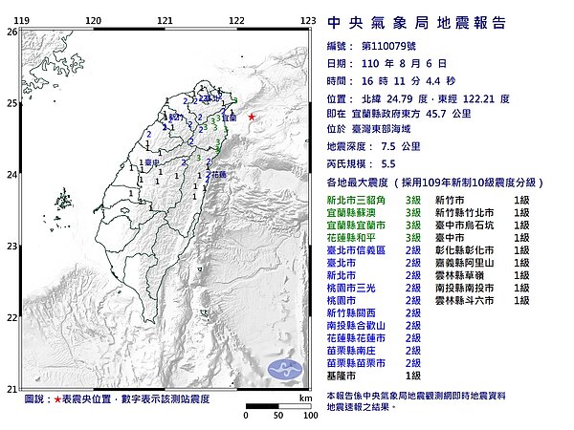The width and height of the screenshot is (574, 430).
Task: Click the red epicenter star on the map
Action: [x=252, y=118]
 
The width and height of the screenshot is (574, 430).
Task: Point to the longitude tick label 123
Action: [x=308, y=20]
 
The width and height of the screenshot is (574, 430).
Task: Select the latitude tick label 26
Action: [x=11, y=32]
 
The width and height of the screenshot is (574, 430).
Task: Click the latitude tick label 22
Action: [x=11, y=317]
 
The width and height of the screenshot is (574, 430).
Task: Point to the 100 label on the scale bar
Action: [x=305, y=416]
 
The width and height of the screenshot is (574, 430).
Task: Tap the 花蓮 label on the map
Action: [x=218, y=175]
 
